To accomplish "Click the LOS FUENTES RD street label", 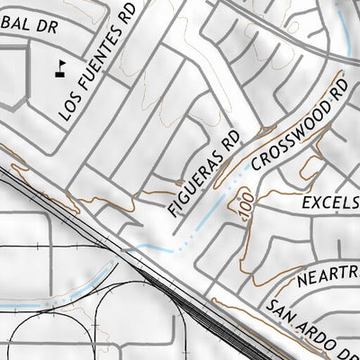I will [98, 61].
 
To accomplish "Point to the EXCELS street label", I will [331, 203].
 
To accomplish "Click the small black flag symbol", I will [61, 67].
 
